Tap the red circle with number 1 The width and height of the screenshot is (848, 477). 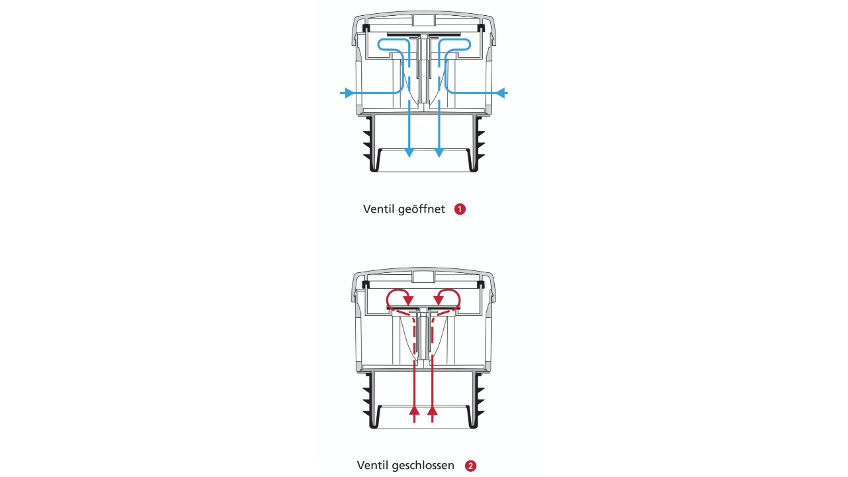(460, 209)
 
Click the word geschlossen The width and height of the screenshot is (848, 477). (423, 465)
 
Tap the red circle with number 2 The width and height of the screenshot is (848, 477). (470, 466)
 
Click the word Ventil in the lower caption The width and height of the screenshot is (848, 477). (370, 465)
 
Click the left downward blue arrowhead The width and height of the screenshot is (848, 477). (409, 152)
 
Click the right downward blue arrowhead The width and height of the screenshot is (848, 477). (439, 152)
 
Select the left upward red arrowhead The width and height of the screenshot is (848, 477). (415, 411)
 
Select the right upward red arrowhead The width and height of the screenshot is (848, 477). (433, 411)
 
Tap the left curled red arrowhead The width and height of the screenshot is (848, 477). (408, 300)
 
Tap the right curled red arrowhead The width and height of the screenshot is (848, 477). (439, 300)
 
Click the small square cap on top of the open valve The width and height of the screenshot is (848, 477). (424, 20)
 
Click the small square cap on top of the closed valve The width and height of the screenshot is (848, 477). (423, 276)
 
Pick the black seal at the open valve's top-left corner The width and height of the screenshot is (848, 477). (366, 28)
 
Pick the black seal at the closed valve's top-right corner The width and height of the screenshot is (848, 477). (481, 284)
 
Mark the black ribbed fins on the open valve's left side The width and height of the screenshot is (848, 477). (368, 144)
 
